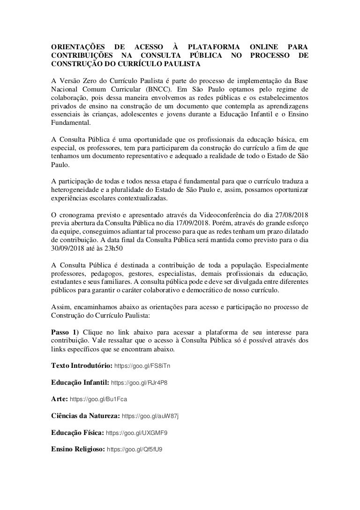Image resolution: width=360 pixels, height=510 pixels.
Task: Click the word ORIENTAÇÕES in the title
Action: [77, 47]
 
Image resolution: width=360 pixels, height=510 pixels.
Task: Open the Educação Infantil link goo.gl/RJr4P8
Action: [139, 382]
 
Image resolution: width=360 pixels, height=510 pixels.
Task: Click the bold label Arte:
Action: [59, 399]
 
